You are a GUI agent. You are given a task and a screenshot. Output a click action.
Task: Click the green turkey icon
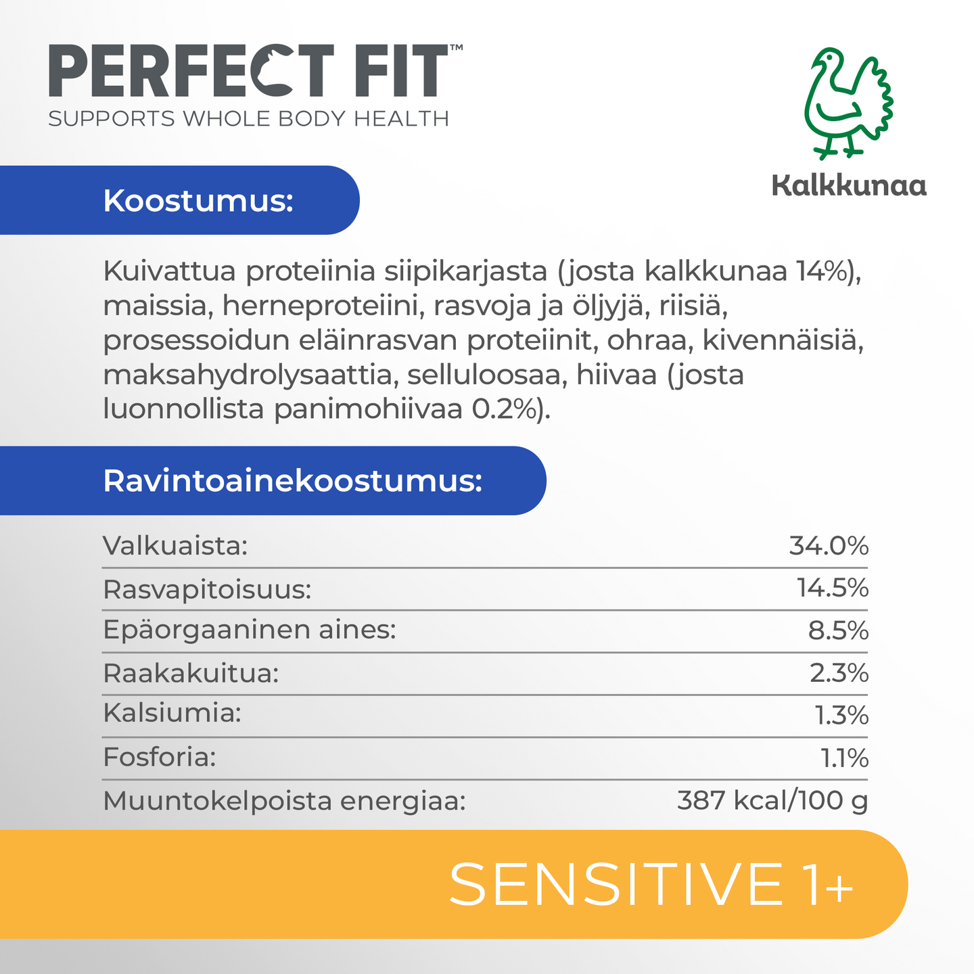[x=848, y=103]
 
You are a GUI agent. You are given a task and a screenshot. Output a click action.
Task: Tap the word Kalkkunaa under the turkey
[x=849, y=185]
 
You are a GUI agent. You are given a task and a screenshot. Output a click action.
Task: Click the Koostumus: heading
[x=198, y=201]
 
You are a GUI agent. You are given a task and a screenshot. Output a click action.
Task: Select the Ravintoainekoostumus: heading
[x=293, y=481]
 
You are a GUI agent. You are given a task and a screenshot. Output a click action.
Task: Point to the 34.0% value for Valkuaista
[x=829, y=546]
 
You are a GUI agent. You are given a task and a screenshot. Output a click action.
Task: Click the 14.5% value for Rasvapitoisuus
[x=833, y=588]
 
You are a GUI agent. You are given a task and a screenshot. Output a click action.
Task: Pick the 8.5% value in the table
[x=838, y=630]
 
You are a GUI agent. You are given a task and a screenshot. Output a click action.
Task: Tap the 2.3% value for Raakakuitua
[x=839, y=673]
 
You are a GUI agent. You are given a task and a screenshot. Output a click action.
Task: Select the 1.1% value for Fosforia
[x=844, y=758]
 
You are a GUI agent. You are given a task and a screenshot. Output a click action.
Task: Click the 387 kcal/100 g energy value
[x=772, y=801]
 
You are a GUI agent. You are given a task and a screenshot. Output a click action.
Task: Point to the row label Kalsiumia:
[x=172, y=713]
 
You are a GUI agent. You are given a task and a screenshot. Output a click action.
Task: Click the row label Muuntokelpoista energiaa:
[x=285, y=801]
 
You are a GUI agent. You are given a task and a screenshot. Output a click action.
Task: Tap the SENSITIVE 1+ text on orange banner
[x=651, y=885]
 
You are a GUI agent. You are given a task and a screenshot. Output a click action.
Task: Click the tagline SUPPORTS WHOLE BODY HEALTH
[x=249, y=119]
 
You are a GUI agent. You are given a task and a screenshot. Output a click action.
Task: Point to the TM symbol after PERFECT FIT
[x=456, y=48]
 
